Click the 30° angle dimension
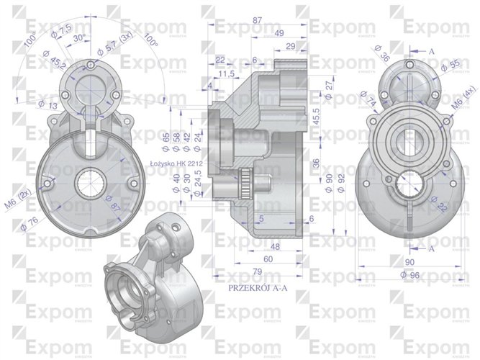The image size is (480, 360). [x=79, y=39]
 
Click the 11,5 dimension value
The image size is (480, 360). [x=228, y=74]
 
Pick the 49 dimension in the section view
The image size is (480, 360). [x=279, y=34]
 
